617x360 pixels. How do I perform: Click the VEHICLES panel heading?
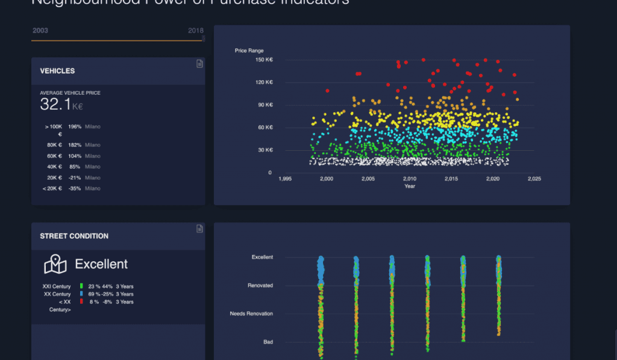(x=57, y=71)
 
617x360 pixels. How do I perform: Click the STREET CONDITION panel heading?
(x=74, y=236)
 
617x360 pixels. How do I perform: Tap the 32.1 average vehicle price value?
(x=55, y=104)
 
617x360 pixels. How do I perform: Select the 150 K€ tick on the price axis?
(x=264, y=60)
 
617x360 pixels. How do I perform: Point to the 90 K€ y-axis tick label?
(x=265, y=105)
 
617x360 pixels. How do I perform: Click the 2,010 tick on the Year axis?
(x=410, y=179)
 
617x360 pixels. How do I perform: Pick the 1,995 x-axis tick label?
(x=285, y=179)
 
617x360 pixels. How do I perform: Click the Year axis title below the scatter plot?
(x=410, y=186)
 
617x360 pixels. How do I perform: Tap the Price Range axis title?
(x=249, y=51)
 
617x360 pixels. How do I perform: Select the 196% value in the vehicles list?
(x=75, y=127)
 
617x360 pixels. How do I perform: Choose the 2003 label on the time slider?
(x=40, y=30)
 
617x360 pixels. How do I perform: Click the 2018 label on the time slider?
(x=195, y=30)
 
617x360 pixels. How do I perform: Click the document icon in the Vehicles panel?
(x=199, y=64)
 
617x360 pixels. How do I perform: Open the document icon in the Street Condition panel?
(x=199, y=229)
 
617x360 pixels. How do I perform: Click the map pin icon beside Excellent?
(x=55, y=264)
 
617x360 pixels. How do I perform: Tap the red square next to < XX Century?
(x=81, y=302)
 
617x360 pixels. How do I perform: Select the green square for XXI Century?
(x=81, y=286)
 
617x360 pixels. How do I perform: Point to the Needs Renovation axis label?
(x=251, y=314)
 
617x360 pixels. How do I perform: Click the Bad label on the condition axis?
(x=268, y=342)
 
